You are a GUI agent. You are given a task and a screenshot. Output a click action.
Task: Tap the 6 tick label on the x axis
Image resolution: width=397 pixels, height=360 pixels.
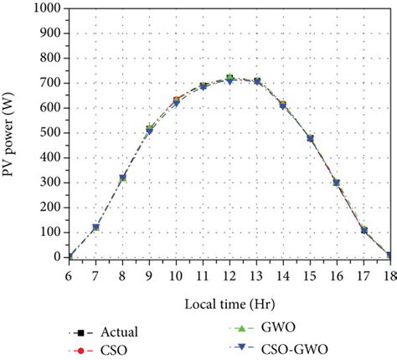tap(70, 273)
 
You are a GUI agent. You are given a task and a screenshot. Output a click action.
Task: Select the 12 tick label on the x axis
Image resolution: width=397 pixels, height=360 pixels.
tap(229, 273)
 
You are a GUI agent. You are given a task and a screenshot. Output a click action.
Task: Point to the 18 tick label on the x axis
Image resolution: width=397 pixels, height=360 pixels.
tap(389, 273)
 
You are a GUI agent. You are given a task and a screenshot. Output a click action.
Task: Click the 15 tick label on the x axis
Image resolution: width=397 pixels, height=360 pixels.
tap(309, 273)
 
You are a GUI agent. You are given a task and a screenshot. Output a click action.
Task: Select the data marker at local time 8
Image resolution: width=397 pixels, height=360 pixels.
tap(123, 177)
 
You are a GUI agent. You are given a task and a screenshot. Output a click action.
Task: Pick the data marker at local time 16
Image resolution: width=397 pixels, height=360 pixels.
tap(336, 183)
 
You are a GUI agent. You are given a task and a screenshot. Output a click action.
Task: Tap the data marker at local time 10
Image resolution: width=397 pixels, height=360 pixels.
tap(176, 101)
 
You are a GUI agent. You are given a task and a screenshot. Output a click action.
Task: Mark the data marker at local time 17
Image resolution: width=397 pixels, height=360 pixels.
tap(363, 230)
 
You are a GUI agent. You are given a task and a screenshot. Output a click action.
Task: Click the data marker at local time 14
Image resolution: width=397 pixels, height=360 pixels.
tap(282, 105)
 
